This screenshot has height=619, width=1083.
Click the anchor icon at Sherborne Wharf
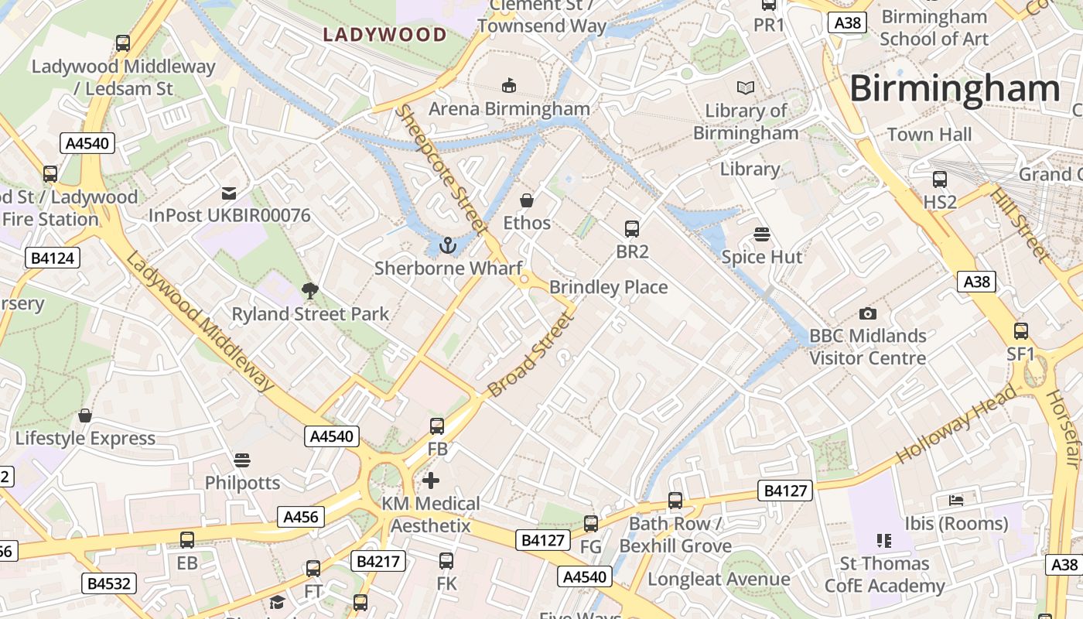coord(447,245)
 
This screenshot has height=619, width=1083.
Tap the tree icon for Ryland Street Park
coord(310,291)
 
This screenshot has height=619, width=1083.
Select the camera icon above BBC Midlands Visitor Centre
coord(868,313)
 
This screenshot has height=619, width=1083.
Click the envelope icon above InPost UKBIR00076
coord(229,193)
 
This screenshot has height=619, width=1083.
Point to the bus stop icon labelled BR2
coord(632,229)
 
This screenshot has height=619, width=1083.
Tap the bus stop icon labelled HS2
coord(940,180)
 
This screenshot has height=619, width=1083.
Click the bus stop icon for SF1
coord(1021,331)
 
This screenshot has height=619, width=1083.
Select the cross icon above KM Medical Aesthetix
coord(431,480)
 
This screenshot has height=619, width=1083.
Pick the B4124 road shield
coord(53,258)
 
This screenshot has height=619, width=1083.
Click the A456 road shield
coord(301,517)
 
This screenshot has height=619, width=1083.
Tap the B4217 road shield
coord(378,560)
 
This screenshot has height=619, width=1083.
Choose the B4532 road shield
coord(109,583)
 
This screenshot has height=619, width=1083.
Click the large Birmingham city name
coord(955,89)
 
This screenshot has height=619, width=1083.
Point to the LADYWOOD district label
coord(384,35)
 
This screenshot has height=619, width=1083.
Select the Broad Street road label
coord(530,354)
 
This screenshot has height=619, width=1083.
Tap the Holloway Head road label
coord(957,425)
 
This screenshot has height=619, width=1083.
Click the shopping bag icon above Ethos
coord(527,201)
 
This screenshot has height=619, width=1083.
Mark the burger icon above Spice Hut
coord(762,234)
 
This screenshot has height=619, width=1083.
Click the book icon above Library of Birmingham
coord(746,88)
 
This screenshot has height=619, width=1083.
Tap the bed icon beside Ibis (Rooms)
coord(957,501)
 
